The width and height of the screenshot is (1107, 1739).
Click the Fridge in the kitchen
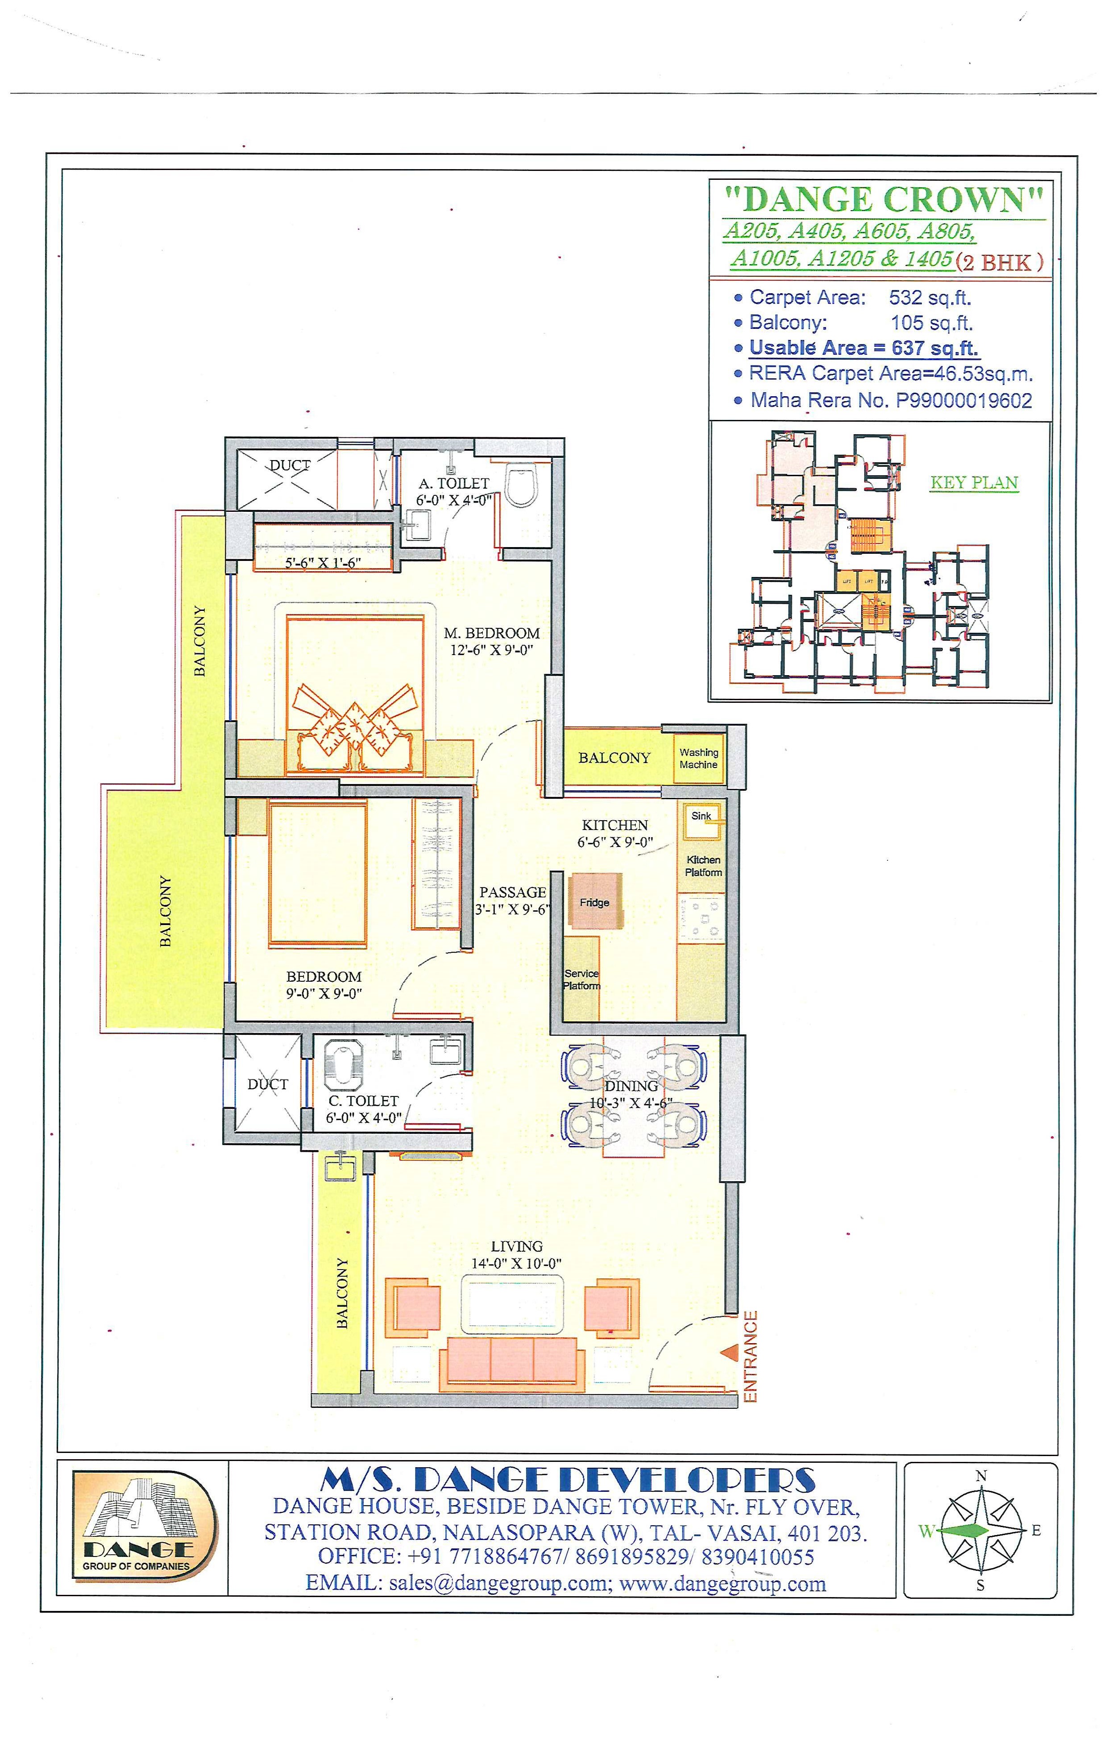coord(595,901)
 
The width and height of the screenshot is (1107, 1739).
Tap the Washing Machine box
coord(698,758)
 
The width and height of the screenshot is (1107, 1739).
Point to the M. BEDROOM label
coord(491,633)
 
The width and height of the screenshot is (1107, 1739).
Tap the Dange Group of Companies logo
coord(142,1526)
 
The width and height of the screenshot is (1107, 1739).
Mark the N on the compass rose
coord(981,1477)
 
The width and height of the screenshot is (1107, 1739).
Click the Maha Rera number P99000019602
coord(964,400)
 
